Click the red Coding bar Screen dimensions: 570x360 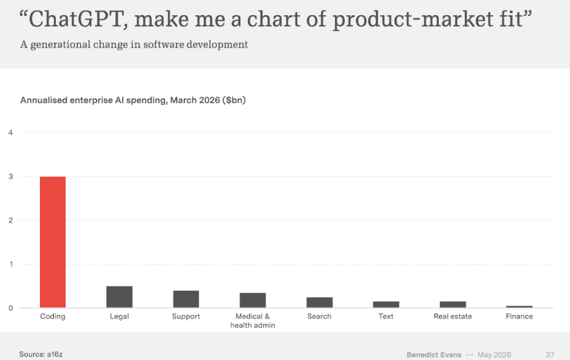coord(53,242)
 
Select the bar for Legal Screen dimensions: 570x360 coord(120,297)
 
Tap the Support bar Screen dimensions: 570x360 coord(186,299)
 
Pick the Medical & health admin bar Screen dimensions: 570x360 coord(253,301)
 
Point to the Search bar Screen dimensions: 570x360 coord(319,303)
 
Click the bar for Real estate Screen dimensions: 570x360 coord(453,305)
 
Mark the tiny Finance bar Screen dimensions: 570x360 coord(519,307)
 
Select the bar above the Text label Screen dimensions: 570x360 coord(386,305)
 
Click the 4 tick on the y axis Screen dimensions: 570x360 coord(10,133)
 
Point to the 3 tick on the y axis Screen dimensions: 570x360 coord(10,177)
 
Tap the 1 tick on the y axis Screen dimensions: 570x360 coord(11,265)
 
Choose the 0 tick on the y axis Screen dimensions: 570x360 coord(10,308)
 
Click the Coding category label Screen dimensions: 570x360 coord(53,316)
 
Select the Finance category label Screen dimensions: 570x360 coord(519,316)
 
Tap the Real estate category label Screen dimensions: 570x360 coord(453,316)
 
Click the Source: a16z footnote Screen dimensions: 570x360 coord(41,354)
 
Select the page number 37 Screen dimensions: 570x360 coord(550,355)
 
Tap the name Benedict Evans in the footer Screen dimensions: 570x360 coord(434,355)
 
